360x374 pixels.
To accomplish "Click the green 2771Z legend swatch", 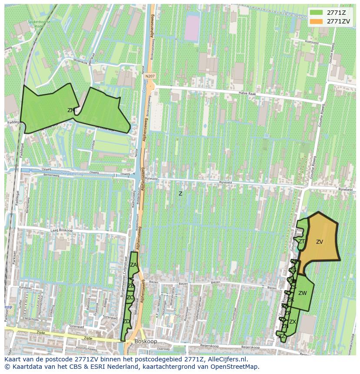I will [x=316, y=12].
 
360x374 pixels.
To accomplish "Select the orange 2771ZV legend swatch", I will [x=316, y=21].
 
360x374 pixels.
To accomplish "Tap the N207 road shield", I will [x=150, y=76].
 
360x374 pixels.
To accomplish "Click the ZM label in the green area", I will [x=71, y=110].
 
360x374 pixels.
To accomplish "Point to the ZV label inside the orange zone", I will [x=320, y=242].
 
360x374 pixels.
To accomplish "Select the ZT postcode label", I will [x=301, y=242].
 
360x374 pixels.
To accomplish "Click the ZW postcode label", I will [x=303, y=293].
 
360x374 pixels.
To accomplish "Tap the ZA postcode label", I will [x=133, y=265].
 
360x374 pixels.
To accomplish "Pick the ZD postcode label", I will [x=127, y=321].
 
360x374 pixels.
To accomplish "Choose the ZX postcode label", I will [x=293, y=322].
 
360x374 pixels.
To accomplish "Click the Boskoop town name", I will [x=146, y=341].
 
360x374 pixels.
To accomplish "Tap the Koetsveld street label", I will [x=312, y=42].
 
